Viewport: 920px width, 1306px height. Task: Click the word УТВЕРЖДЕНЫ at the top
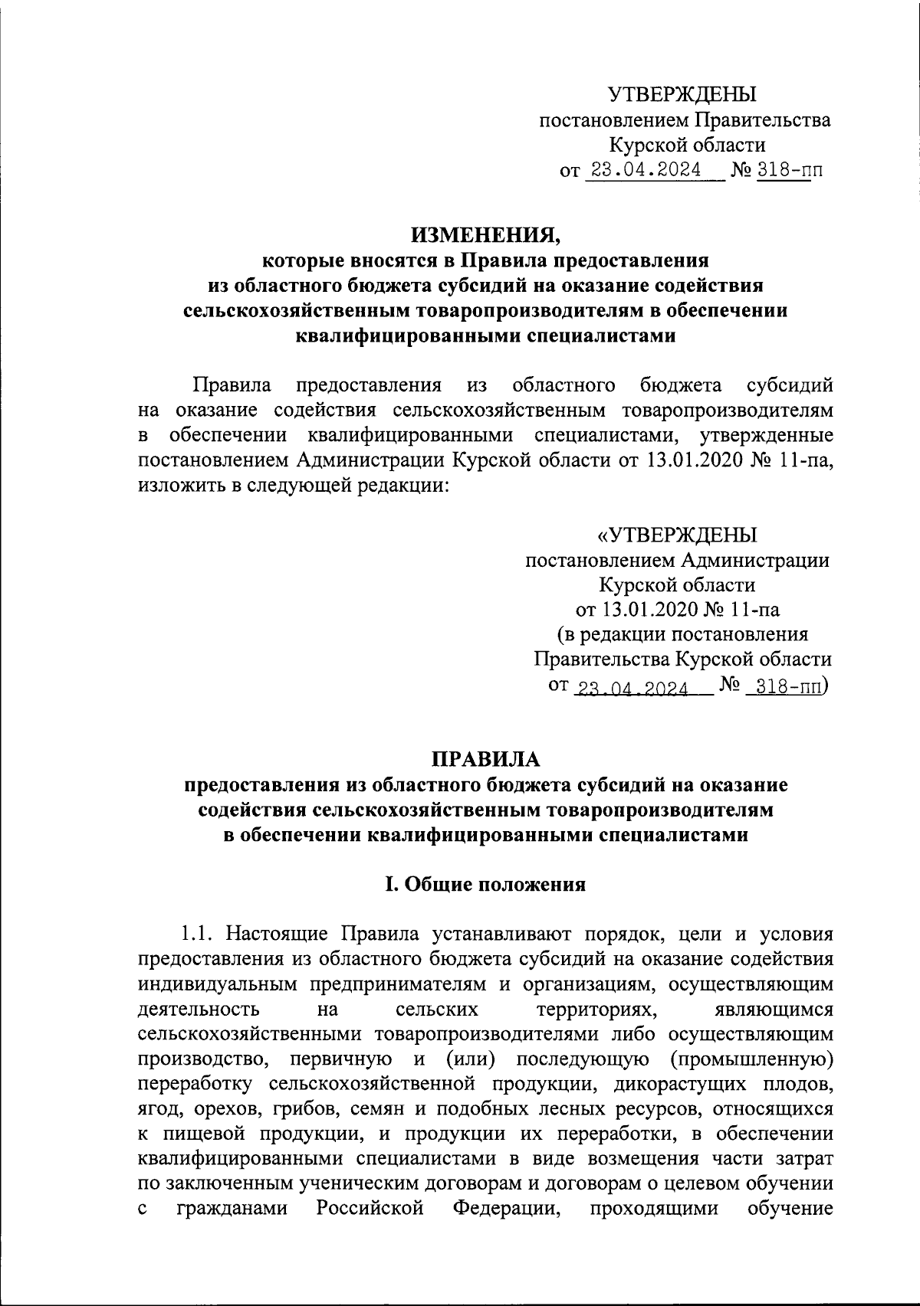pyautogui.click(x=682, y=95)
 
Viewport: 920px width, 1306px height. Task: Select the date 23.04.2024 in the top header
pyautogui.click(x=643, y=169)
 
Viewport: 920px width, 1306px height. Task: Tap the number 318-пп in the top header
pyautogui.click(x=789, y=169)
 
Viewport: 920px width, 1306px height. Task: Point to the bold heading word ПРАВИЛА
pyautogui.click(x=485, y=759)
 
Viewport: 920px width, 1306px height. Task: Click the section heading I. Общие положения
pyautogui.click(x=485, y=885)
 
